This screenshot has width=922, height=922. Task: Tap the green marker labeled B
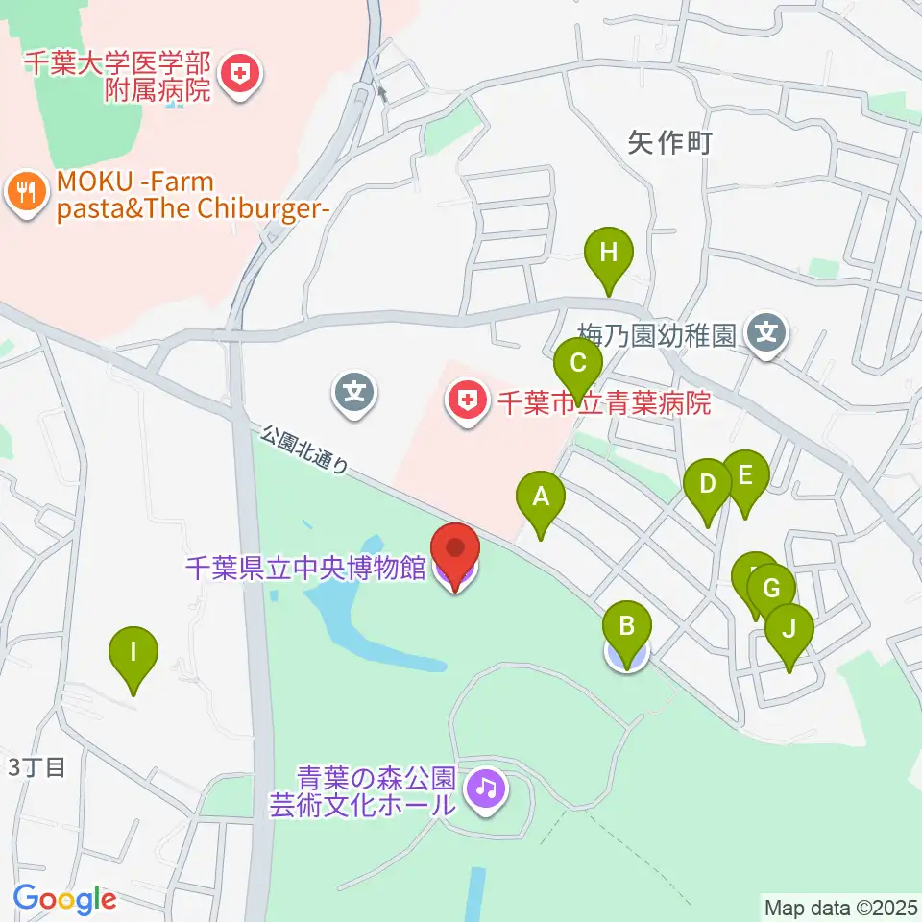coord(626,630)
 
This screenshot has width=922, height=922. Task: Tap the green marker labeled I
coord(133,655)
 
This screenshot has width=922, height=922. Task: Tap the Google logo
coord(64,899)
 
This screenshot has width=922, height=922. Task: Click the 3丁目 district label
coord(36,767)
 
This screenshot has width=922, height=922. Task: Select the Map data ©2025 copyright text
coord(841,906)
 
